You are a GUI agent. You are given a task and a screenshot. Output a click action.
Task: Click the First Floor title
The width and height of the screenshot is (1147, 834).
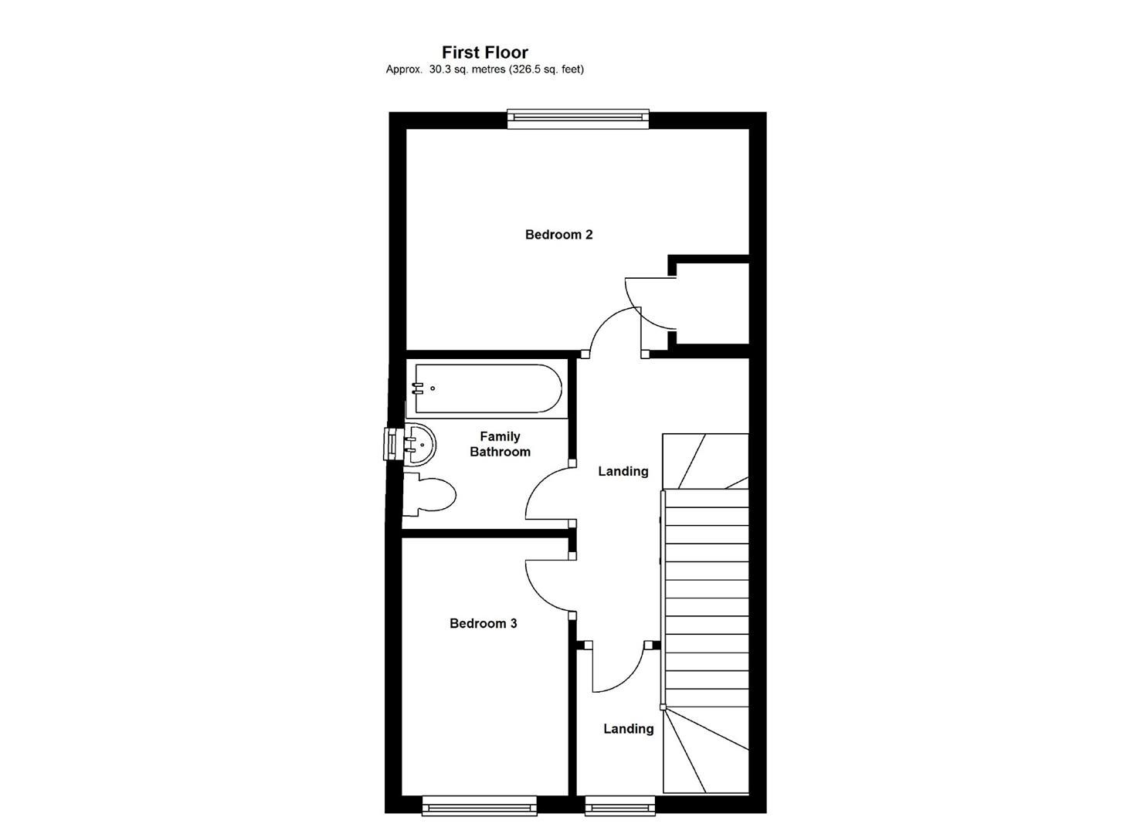484,53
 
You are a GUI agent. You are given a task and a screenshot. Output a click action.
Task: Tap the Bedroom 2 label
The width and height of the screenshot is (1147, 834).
558,235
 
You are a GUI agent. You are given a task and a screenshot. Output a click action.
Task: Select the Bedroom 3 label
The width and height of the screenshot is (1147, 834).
483,623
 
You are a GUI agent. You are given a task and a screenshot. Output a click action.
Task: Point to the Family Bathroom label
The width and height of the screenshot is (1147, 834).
500,444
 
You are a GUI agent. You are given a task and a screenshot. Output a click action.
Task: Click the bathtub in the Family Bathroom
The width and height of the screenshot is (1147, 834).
488,388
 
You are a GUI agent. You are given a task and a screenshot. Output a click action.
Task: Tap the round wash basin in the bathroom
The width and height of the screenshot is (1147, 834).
419,444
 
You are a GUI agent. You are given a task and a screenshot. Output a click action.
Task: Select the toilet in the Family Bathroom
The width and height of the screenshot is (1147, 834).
429,494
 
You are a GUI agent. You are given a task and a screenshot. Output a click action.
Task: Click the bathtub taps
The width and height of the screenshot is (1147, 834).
418,388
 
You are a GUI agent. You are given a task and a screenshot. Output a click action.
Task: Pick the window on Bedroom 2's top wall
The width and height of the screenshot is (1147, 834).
578,118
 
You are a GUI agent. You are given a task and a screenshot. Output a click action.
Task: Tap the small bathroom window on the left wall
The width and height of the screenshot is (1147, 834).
392,444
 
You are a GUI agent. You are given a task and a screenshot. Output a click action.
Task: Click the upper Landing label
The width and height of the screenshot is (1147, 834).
623,471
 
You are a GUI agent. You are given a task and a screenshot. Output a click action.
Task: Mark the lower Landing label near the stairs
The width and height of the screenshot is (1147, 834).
628,728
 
